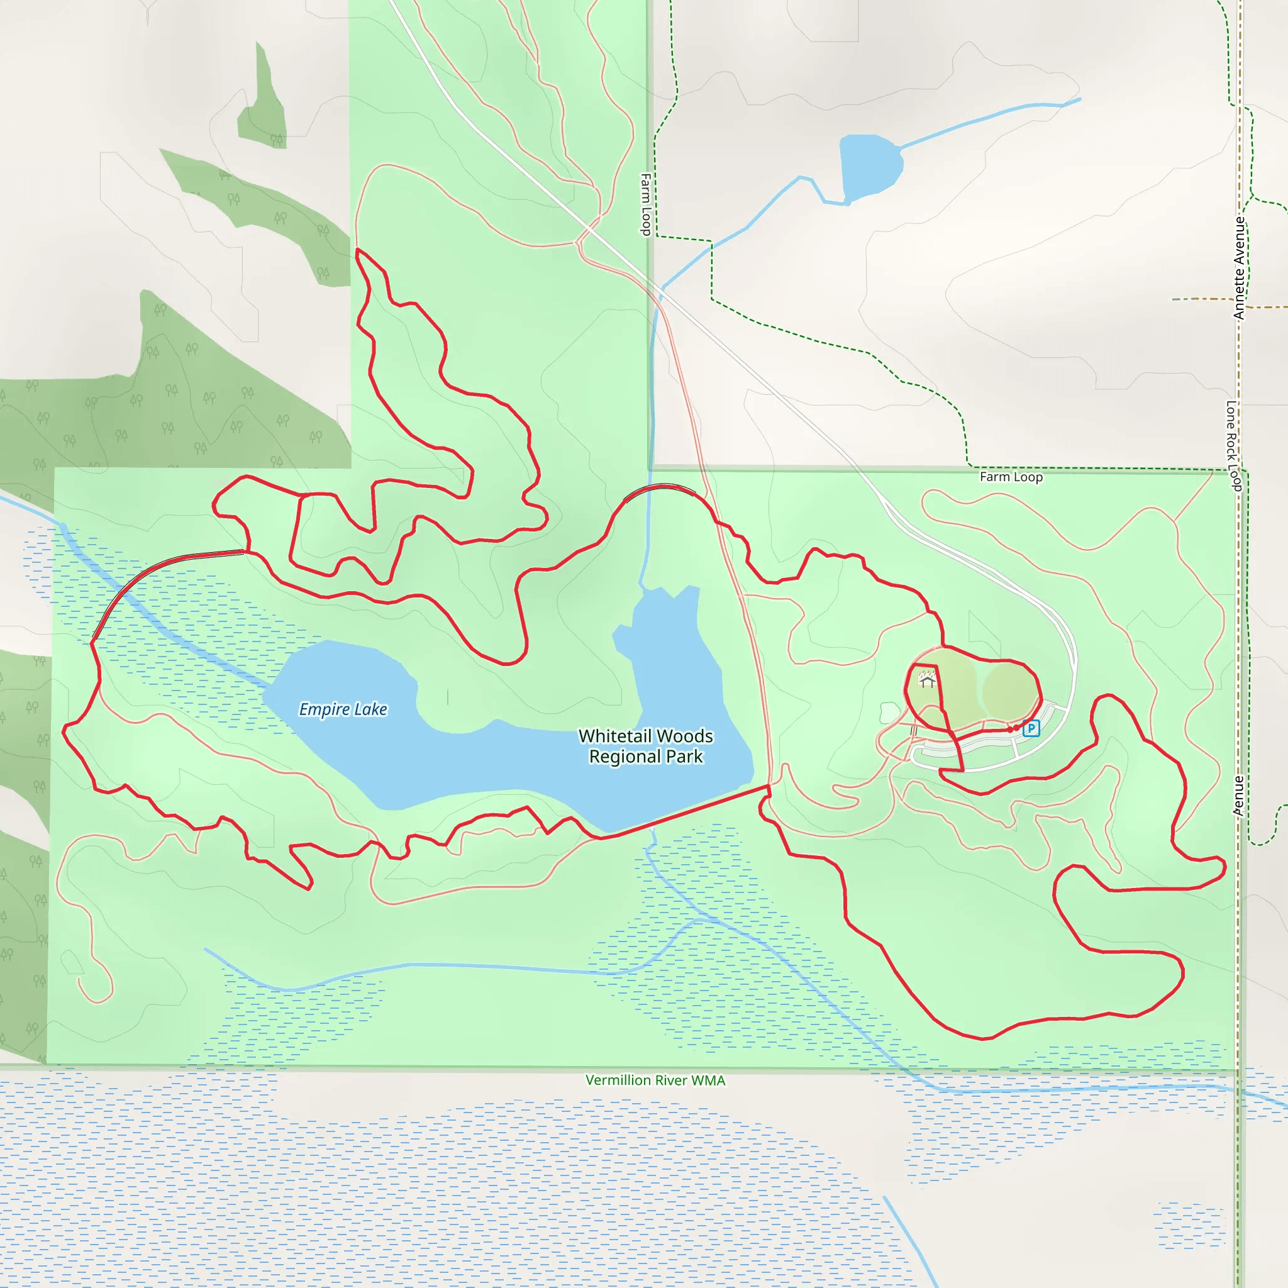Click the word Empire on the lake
tap(324, 709)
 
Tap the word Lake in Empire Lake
tap(370, 709)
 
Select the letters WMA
tap(709, 1080)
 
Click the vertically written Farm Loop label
tap(645, 204)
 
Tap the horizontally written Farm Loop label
tap(1011, 477)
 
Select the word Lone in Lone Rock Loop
tap(1231, 414)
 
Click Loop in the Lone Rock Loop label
tap(1234, 477)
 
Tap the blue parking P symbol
tap(1031, 728)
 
